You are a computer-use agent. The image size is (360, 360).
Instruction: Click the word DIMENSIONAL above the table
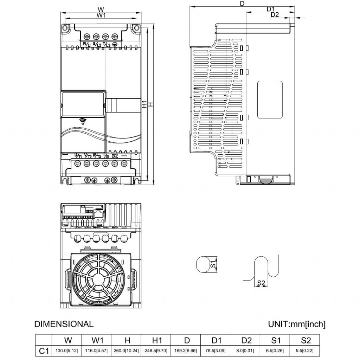(64, 324)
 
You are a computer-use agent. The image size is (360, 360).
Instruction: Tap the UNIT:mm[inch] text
(296, 324)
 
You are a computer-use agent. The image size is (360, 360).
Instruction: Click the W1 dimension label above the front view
(101, 15)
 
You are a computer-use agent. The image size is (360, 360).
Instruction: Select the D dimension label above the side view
(242, 4)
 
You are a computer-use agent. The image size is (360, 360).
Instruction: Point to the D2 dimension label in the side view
(275, 15)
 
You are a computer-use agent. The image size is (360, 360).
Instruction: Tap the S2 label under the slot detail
(261, 283)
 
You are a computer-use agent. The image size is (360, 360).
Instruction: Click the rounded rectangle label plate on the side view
(270, 99)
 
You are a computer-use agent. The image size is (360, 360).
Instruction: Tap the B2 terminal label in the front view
(115, 155)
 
